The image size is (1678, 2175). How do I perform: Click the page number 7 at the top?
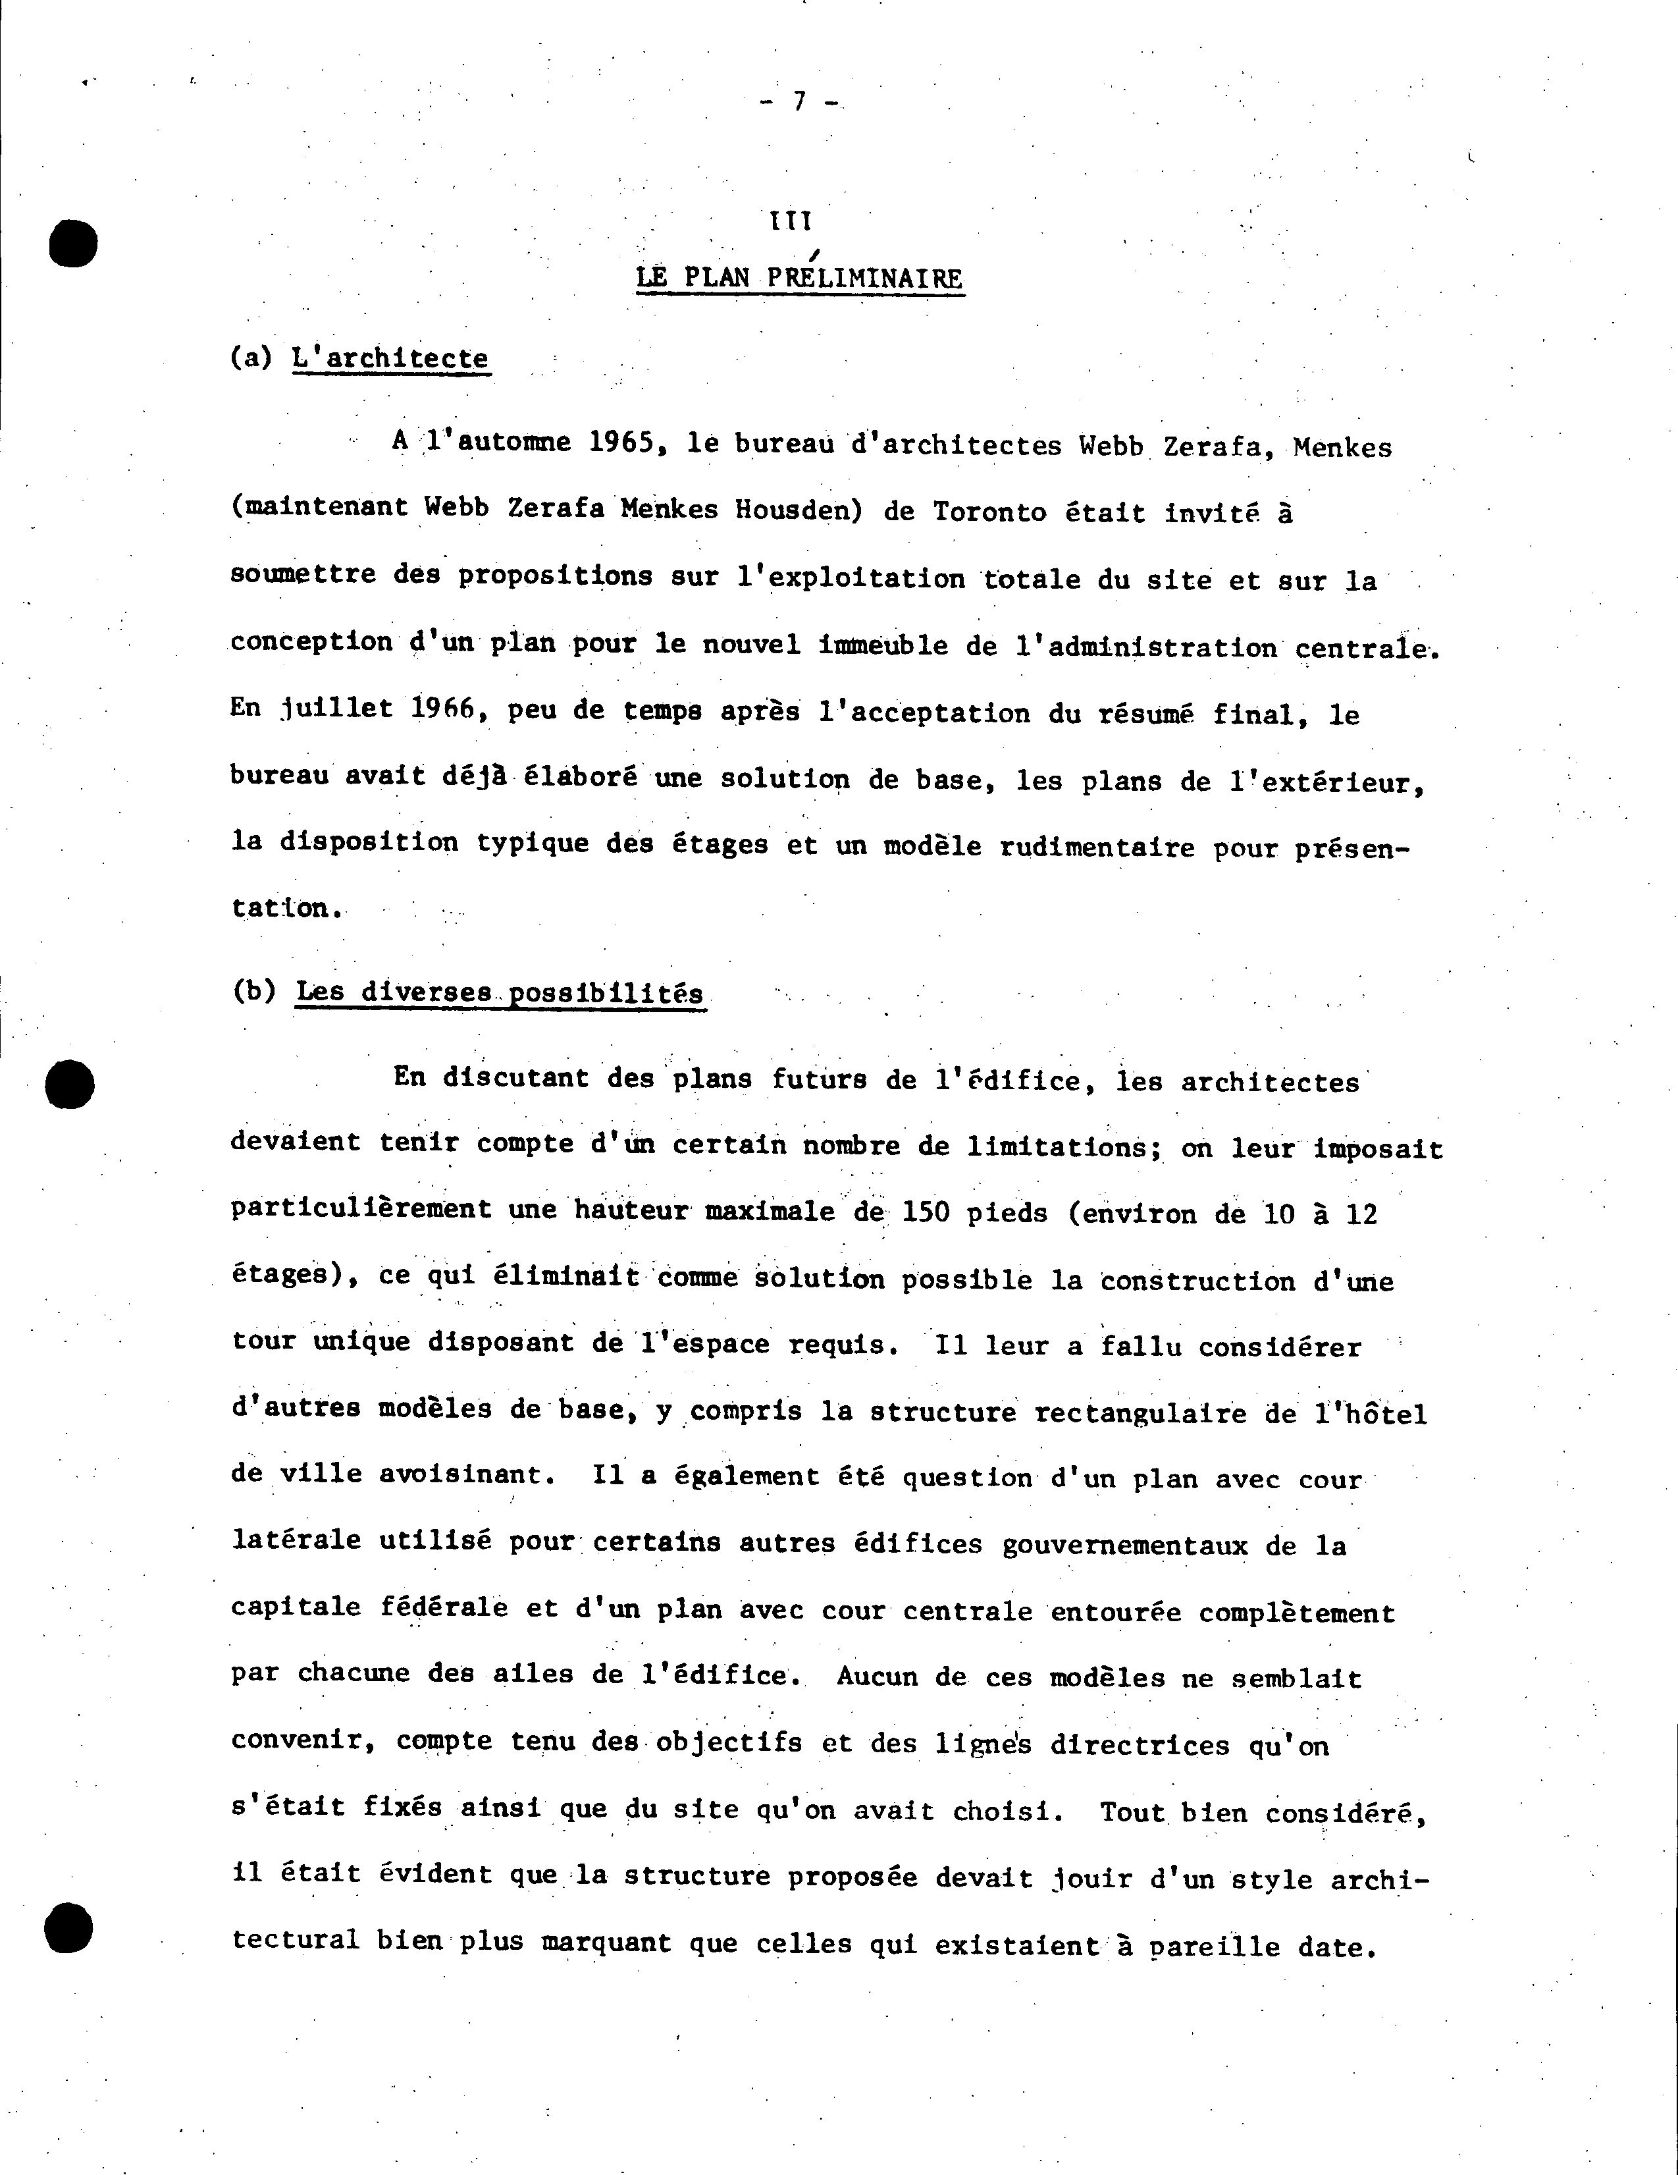(x=798, y=101)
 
